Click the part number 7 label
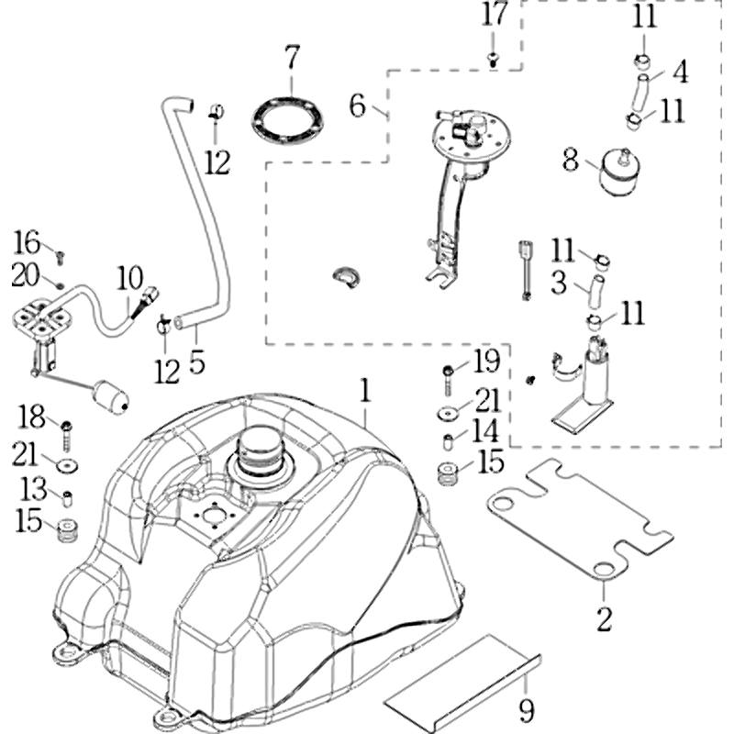pyautogui.click(x=291, y=58)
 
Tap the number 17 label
pyautogui.click(x=494, y=15)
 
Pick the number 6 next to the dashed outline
pyautogui.click(x=358, y=105)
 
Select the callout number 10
pyautogui.click(x=130, y=274)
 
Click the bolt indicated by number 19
pyautogui.click(x=447, y=372)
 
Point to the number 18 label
pyautogui.click(x=32, y=417)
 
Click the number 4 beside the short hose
pyautogui.click(x=680, y=71)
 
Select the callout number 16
pyautogui.click(x=28, y=243)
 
